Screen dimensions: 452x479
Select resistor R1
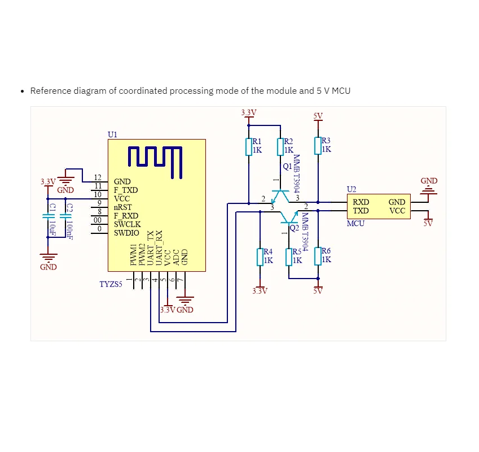coord(248,146)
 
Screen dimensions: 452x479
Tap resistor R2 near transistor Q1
coord(280,146)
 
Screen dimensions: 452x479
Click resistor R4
coord(260,257)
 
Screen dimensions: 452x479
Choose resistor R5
coord(289,257)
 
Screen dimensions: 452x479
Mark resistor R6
coord(318,255)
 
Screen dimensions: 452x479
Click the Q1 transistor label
coord(287,167)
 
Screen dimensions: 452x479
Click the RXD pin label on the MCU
coord(361,202)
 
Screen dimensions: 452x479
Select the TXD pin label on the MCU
coord(361,211)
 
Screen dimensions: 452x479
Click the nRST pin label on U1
coord(122,207)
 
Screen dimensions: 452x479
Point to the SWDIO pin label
coord(126,232)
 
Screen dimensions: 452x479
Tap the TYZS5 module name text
coord(111,284)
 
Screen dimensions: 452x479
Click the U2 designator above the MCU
coord(351,189)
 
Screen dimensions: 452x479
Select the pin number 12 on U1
coord(98,178)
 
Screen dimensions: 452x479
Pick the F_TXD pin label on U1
coord(125,190)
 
